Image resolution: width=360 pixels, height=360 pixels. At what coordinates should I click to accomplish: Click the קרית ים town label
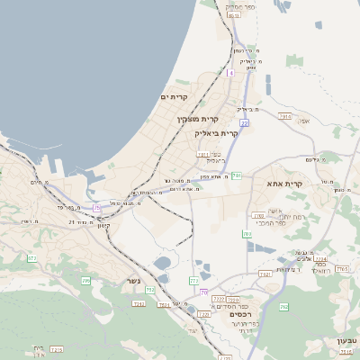coord(174,96)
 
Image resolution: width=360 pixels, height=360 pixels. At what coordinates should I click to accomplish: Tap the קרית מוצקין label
coord(198,119)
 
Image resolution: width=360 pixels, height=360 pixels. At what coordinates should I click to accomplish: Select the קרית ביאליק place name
coord(216,133)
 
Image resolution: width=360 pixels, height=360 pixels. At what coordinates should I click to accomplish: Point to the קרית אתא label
coord(286,183)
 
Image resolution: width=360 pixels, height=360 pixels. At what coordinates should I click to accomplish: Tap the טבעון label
coord(347,341)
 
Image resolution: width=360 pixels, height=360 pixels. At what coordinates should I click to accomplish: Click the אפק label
coord(303,121)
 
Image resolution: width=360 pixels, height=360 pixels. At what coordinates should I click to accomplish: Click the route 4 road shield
coord(230,72)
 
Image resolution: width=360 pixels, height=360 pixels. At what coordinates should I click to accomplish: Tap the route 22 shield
coord(244,123)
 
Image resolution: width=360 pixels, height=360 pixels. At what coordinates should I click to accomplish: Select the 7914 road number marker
coord(285,116)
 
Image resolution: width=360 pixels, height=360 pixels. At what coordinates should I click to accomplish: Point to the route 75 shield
coord(96,208)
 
